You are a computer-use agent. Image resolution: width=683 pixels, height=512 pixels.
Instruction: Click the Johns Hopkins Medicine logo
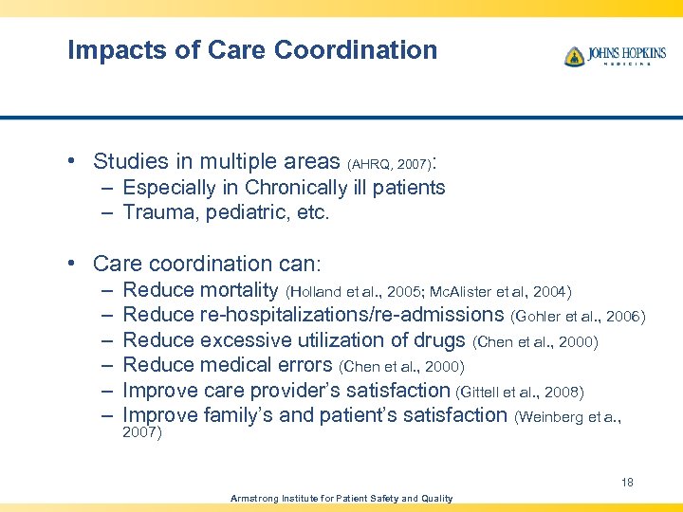tap(614, 56)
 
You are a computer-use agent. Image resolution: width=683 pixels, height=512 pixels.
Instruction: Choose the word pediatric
tap(249, 213)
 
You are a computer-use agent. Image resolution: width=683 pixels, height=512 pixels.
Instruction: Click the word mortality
tap(240, 290)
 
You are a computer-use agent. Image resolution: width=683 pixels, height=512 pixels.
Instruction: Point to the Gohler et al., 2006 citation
tap(578, 316)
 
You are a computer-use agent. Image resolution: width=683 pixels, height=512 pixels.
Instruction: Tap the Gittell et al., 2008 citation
tap(520, 391)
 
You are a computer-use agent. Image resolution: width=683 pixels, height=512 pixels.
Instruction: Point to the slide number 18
tap(627, 483)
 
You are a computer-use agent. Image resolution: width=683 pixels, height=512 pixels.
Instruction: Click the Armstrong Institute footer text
tap(341, 499)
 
